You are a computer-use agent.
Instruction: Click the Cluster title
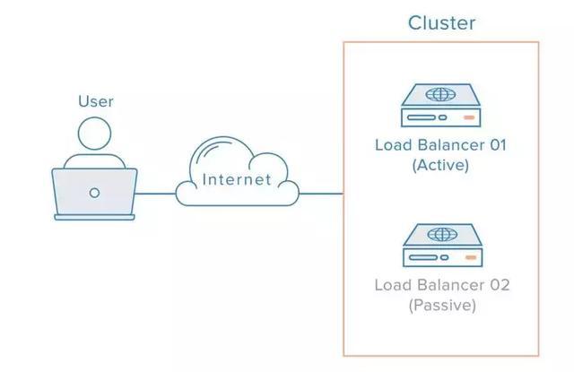tap(441, 23)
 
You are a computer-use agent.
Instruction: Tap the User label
tap(96, 101)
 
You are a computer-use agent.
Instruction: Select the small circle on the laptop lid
tap(94, 193)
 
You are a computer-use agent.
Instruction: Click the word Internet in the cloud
tap(237, 179)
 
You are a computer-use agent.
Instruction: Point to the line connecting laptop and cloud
tap(155, 194)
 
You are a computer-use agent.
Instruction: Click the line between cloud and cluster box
tap(321, 194)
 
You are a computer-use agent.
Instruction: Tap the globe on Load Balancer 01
tap(440, 94)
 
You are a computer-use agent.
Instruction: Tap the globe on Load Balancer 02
tap(442, 235)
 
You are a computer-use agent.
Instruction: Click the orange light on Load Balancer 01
tap(469, 117)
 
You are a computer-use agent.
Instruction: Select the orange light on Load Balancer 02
tap(471, 257)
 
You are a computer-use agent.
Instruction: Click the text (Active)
tap(440, 165)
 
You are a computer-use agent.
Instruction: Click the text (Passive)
tap(442, 305)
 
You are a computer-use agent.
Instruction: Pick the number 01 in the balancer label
tap(499, 145)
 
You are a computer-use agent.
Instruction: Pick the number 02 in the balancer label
tap(500, 285)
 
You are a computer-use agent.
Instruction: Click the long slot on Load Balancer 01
tap(422, 117)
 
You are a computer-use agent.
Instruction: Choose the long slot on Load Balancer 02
tap(423, 257)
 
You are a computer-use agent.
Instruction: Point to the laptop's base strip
tap(94, 217)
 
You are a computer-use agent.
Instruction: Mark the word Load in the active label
tap(394, 145)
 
